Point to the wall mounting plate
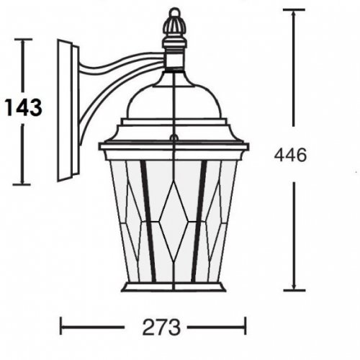coord(66,112)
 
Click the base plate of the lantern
coord(173,287)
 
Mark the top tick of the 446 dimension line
coord(293,10)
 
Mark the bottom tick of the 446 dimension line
coord(293,290)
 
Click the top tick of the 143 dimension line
coord(24,40)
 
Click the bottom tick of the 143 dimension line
coord(24,184)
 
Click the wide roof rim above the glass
coord(173,146)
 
